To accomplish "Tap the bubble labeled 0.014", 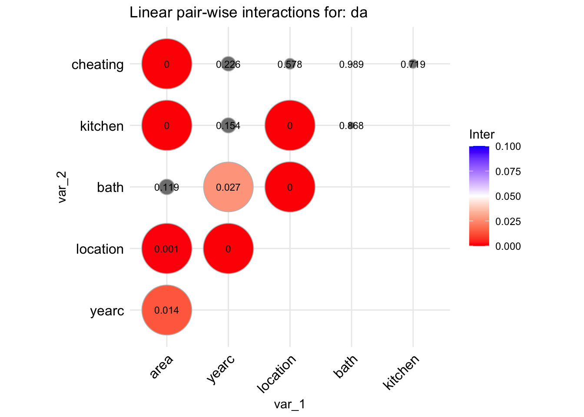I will coord(166,310).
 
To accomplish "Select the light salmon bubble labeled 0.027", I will coord(228,187).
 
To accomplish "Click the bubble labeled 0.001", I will coord(166,249).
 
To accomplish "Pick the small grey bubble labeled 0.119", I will coord(166,187).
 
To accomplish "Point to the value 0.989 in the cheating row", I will coord(351,65).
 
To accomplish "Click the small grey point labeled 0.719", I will coord(413,64).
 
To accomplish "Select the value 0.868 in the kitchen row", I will coord(351,126).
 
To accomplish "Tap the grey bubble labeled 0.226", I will coord(228,64).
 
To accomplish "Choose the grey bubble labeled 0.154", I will coord(228,126).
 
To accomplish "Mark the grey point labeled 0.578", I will coord(290,64).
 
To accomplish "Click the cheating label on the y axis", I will coord(98,65).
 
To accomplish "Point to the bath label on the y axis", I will coord(110,188).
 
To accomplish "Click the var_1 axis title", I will coord(289,404).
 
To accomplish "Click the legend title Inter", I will coord(481,135).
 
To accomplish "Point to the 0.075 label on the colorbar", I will coord(508,172).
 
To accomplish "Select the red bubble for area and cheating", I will coord(166,64).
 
